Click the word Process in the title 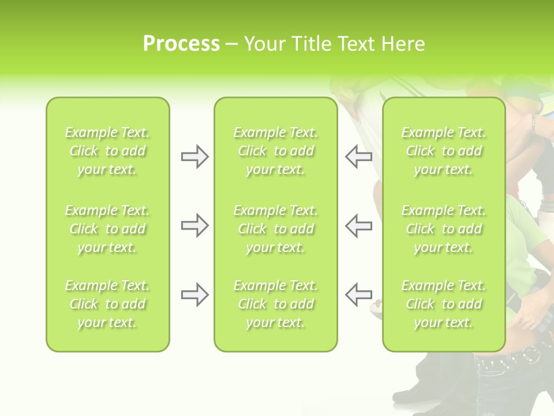181,44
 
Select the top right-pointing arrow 194,157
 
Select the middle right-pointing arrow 194,225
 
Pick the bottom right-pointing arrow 194,295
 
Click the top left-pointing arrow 359,157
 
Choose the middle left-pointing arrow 359,225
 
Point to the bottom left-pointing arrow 359,295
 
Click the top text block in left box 107,151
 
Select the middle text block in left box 107,229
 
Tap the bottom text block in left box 107,304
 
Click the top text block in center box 275,151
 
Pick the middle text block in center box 275,229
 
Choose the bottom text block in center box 275,304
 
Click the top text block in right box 444,151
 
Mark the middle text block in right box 444,229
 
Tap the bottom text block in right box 444,304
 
